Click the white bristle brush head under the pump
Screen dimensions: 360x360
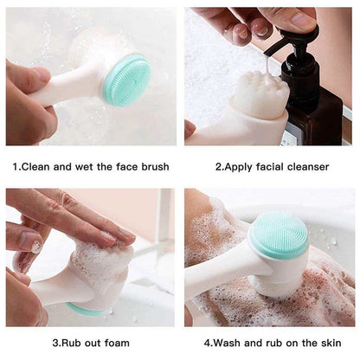point(260,93)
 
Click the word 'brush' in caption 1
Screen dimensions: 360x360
point(151,166)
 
